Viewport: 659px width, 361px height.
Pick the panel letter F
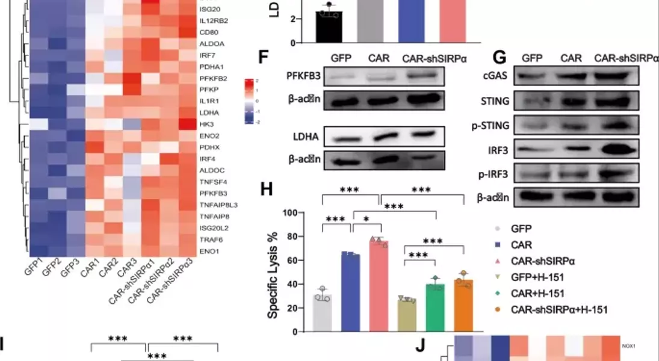click(x=262, y=58)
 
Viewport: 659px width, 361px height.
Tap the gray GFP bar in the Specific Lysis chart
click(x=323, y=313)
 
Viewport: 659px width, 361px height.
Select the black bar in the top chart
click(x=329, y=27)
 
